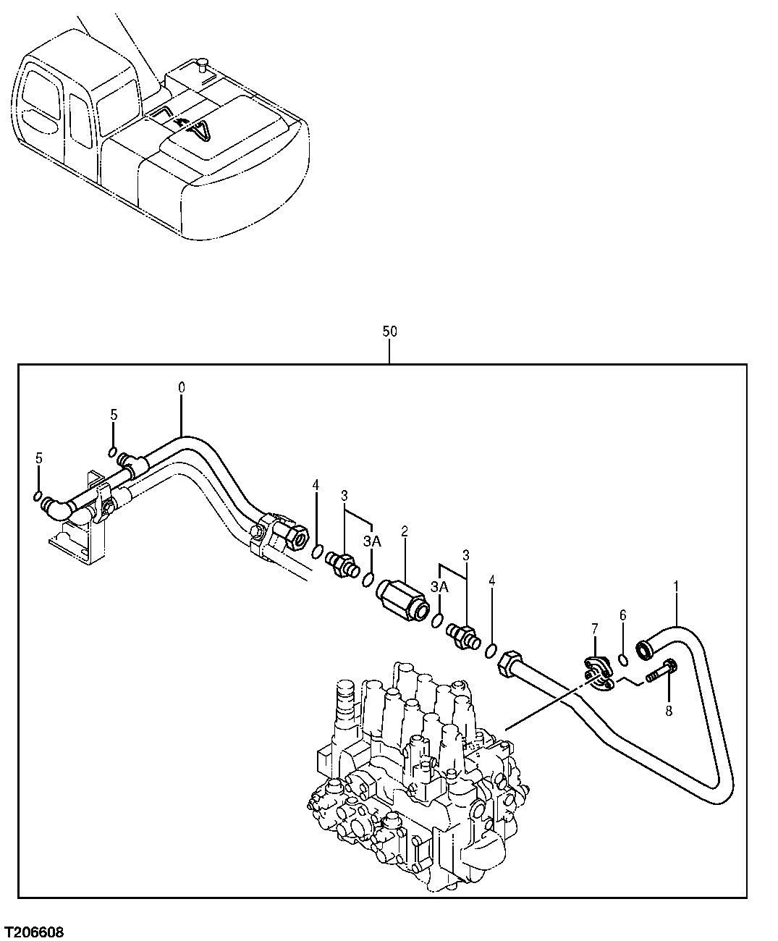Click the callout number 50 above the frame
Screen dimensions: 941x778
point(389,332)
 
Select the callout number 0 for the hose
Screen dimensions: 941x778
point(181,387)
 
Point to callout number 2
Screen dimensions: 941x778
point(405,531)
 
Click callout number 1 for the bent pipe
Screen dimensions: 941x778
point(676,581)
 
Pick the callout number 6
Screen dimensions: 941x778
point(622,615)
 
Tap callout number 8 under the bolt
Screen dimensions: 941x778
point(668,711)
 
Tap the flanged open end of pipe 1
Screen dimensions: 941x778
point(644,651)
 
